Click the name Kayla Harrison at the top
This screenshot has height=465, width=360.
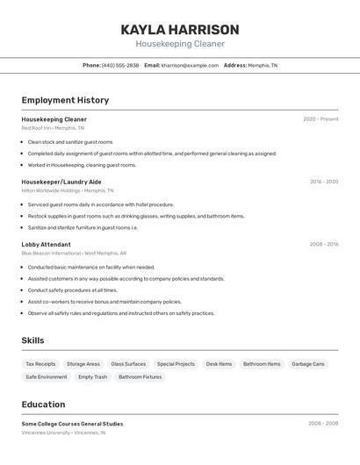[179, 29]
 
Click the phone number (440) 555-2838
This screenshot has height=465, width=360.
[119, 65]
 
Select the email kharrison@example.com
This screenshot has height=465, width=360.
[190, 65]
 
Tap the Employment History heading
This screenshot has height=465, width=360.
[65, 100]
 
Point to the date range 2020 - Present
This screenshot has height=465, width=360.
[320, 119]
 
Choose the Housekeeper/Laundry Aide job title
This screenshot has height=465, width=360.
[61, 182]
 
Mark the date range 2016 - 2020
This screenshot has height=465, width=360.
[324, 182]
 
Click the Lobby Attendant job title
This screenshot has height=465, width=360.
[46, 245]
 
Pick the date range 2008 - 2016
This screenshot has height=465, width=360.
[324, 245]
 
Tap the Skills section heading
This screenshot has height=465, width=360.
[32, 340]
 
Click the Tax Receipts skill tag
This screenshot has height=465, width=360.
[40, 364]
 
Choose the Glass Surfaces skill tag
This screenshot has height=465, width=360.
[128, 364]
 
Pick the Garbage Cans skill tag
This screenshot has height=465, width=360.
[308, 364]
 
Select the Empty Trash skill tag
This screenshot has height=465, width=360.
[92, 377]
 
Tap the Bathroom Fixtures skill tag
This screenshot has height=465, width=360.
[140, 377]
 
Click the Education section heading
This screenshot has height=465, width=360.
[43, 404]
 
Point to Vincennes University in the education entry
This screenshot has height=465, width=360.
[46, 433]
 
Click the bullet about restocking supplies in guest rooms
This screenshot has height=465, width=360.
[136, 216]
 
